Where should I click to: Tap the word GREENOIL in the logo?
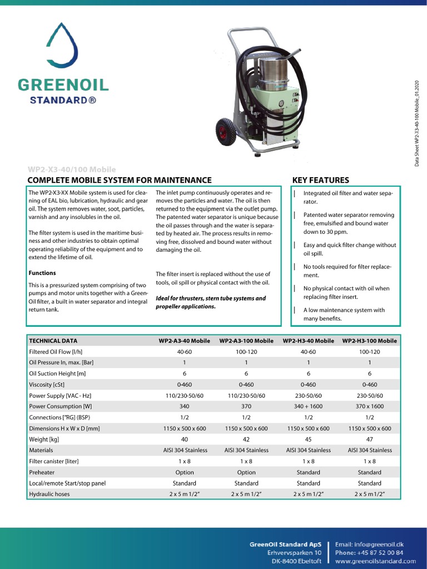[63, 85]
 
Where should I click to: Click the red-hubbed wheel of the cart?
[227, 132]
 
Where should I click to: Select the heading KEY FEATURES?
[320, 180]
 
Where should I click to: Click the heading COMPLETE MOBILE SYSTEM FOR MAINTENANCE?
[120, 180]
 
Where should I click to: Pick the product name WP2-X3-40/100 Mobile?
[72, 169]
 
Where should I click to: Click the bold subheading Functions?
[42, 273]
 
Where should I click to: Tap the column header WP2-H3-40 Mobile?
[308, 341]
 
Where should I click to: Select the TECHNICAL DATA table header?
[53, 341]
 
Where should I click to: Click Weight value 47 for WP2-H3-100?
[369, 439]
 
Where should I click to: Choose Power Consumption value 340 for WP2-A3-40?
[185, 406]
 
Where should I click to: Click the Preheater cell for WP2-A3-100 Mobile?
[246, 472]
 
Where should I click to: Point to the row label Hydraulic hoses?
[49, 494]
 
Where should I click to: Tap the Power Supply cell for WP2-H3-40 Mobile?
[308, 396]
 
